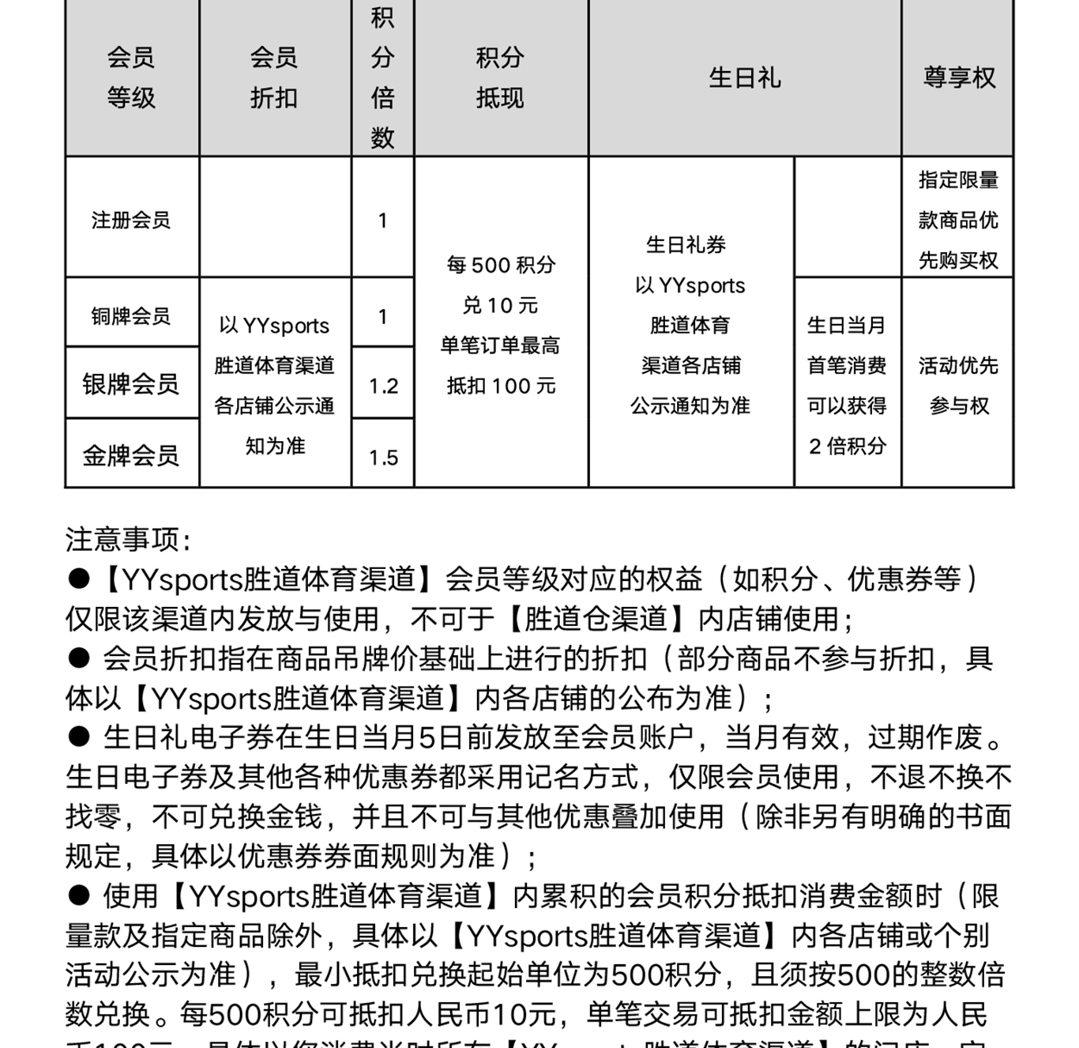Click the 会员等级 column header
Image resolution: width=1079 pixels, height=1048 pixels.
[131, 77]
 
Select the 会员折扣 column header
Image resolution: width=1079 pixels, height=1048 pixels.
[274, 77]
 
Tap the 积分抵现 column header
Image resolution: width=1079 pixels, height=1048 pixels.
[500, 77]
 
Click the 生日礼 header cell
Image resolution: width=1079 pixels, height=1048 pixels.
[744, 77]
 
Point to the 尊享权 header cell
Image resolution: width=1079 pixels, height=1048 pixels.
[959, 77]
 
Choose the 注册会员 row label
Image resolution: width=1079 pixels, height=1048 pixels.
[131, 220]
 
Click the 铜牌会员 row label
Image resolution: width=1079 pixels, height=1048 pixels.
[131, 316]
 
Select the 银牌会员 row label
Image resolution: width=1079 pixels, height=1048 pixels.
[131, 384]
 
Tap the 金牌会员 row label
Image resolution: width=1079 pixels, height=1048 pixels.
[131, 455]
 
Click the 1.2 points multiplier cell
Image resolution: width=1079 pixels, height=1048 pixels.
[383, 386]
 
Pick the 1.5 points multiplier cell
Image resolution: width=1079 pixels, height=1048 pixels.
[383, 458]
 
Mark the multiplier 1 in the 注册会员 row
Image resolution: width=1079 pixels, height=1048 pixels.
[383, 221]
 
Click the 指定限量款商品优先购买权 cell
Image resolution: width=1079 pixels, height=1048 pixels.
[958, 220]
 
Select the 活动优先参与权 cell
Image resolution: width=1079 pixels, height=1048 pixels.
[958, 385]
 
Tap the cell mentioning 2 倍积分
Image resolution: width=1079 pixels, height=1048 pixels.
[847, 385]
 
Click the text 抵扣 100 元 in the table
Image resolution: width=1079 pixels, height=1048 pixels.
[502, 386]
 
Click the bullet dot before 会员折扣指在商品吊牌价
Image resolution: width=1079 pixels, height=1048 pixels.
[79, 658]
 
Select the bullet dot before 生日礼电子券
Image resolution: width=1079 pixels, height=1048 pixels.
[79, 737]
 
